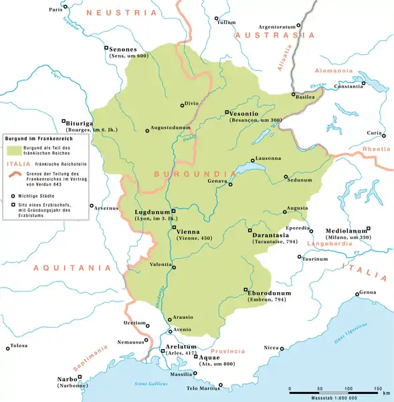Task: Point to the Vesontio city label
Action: [245, 113]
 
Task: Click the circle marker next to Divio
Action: [181, 105]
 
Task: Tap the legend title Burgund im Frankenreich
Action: [33, 137]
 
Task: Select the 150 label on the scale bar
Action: [377, 388]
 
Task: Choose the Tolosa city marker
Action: [8, 348]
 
